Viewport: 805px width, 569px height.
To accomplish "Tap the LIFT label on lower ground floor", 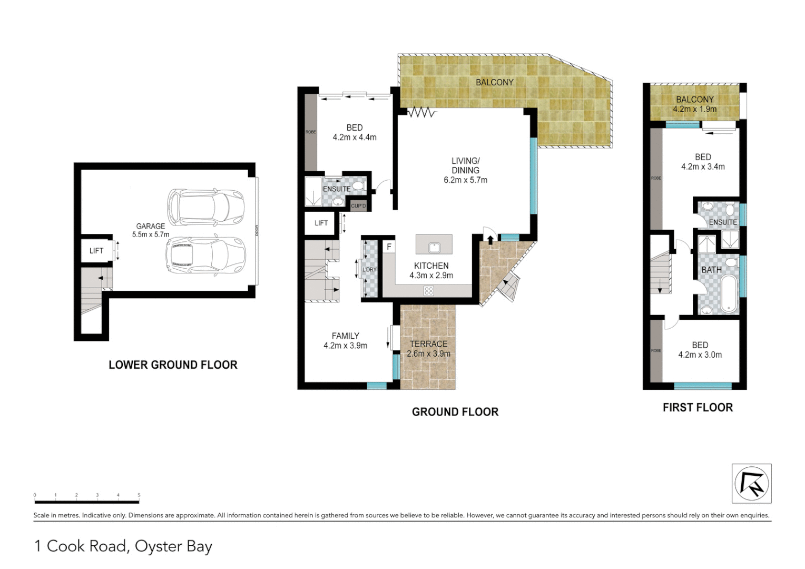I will tap(96, 251).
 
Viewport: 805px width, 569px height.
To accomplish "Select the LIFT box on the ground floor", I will tap(321, 223).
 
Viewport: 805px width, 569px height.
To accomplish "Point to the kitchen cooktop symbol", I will tap(428, 290).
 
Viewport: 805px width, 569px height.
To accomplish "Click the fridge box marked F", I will tap(389, 247).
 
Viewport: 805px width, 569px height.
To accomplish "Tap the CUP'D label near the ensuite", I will tap(358, 205).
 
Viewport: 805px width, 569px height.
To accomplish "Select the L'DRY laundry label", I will tap(369, 270).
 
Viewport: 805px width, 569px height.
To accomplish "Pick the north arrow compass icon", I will tap(751, 483).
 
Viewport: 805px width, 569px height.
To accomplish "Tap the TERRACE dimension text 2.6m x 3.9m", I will tap(428, 354).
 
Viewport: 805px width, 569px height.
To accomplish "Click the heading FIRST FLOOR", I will tap(698, 407).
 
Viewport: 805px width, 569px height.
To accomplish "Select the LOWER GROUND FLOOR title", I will tap(173, 365).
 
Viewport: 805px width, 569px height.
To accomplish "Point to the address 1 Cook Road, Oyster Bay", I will tap(123, 546).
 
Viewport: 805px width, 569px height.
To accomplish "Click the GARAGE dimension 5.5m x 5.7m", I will tap(151, 234).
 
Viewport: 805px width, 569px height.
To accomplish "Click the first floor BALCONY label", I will tap(694, 100).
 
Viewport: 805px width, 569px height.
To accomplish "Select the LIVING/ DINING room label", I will tap(465, 165).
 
